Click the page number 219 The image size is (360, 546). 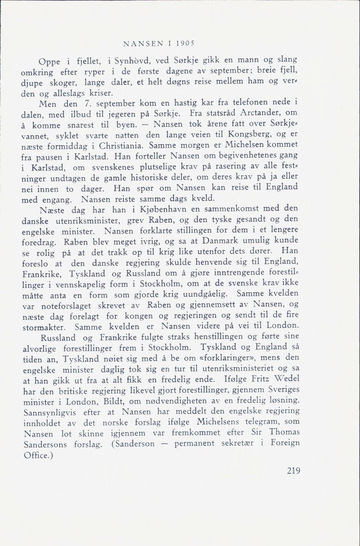[x=291, y=471]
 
